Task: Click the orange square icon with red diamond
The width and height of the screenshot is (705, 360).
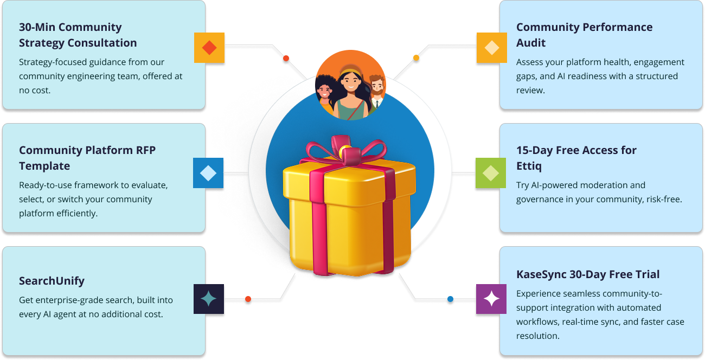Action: coord(209,48)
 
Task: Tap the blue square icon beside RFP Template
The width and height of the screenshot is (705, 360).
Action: coord(208,173)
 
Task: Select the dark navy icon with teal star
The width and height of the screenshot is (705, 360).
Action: coord(209,299)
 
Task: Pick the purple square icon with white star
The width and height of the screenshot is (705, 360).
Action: coord(491,299)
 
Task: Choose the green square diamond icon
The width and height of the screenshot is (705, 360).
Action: coord(491,173)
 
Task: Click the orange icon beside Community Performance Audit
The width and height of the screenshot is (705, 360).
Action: coord(492,48)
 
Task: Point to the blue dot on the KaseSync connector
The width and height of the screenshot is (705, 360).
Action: coord(450,299)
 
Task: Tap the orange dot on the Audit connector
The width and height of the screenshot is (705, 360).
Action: coord(416,57)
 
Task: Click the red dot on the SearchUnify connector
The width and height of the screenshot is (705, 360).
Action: coord(248,299)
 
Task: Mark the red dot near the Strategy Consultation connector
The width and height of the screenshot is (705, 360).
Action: coord(286,58)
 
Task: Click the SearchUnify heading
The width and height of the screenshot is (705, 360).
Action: coord(52,281)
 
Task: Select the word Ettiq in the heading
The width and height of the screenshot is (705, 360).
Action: coord(529,166)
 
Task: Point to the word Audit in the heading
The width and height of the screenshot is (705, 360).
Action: coord(530,43)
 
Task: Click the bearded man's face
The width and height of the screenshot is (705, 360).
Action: coord(377,86)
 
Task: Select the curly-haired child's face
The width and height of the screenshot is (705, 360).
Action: coord(324,92)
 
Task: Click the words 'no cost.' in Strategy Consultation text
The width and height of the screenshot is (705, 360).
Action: coord(35,91)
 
